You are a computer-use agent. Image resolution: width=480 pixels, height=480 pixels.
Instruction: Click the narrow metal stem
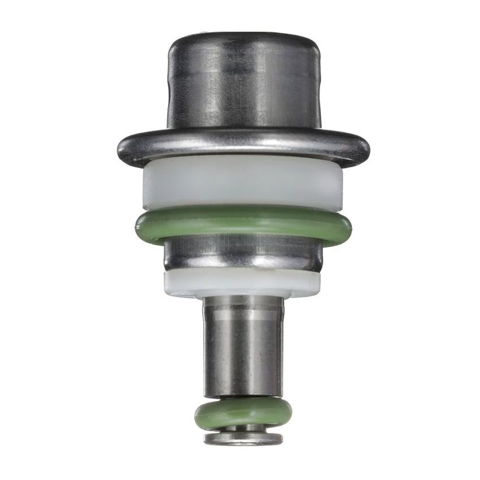[243, 350]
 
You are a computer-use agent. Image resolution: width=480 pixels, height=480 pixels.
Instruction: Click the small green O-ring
[243, 414]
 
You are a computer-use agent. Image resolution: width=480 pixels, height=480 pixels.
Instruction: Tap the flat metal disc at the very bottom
[243, 439]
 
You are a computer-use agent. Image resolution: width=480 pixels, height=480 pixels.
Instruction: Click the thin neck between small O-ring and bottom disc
[243, 429]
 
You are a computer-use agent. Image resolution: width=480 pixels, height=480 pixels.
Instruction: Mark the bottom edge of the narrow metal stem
[243, 395]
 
